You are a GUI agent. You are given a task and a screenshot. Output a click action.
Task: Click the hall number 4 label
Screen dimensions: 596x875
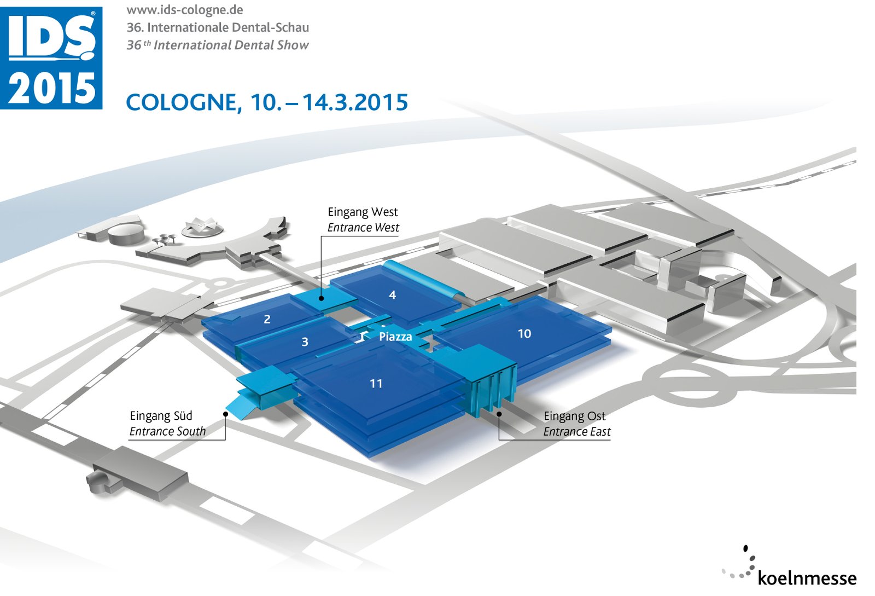coord(392,296)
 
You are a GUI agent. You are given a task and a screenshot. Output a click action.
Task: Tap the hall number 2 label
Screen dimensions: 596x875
coord(267,319)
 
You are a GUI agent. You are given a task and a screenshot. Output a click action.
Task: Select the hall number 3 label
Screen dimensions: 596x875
coord(305,342)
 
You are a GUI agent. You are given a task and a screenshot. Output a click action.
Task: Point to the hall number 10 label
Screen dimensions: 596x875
coord(524,334)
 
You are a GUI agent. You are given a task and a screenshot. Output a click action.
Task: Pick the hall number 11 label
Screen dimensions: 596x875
coord(376,384)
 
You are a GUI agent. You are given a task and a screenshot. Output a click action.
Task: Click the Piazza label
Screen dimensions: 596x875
coord(395,337)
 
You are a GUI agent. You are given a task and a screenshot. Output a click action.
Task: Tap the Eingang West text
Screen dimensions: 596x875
coord(363,212)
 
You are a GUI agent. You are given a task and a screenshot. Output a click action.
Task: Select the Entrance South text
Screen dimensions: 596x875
coord(167,431)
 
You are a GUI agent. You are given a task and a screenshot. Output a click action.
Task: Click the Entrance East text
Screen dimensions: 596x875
coord(577,432)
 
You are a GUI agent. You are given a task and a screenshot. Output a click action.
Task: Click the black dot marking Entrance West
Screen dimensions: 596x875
coord(322,298)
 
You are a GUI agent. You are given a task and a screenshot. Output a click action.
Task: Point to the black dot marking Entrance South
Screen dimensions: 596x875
coord(225,414)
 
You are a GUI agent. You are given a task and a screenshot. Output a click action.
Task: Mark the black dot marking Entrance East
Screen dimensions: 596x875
coord(499,414)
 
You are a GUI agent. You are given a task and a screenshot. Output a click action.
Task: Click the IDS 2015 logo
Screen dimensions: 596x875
coord(51,58)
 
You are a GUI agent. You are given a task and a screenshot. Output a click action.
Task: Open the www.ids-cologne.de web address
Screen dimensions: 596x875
coord(185,10)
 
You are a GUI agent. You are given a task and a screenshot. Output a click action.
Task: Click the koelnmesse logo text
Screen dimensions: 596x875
coord(807,578)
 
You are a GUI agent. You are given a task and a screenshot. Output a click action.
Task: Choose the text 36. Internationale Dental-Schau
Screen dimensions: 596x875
coord(218,27)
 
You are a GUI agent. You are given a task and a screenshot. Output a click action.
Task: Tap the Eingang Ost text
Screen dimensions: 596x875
coord(574,416)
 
